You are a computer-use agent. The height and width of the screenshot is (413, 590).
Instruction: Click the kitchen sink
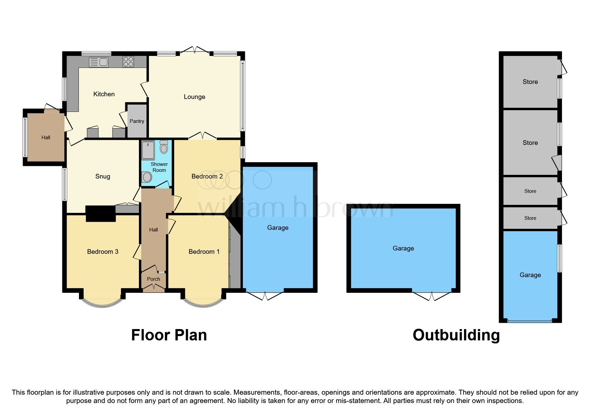[99, 62]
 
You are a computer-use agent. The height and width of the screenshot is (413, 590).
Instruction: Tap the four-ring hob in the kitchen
[128, 62]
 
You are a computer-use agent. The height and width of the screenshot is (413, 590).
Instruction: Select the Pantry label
[137, 121]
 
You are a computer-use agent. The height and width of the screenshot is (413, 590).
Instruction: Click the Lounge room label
[195, 97]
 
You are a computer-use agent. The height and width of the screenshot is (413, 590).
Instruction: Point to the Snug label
[103, 177]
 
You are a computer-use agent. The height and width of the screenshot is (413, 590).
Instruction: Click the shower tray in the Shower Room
[148, 150]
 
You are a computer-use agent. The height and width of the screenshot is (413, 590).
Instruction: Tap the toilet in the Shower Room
[164, 147]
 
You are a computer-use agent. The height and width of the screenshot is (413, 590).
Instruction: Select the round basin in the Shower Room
[147, 177]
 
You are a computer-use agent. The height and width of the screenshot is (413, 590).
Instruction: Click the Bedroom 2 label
[207, 176]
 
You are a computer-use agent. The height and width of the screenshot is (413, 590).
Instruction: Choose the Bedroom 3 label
[103, 252]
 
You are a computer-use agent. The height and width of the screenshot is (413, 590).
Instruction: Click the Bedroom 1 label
[204, 252]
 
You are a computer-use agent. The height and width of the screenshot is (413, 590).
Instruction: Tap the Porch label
[154, 279]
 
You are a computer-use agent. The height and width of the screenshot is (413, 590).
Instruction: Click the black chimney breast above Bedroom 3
[101, 213]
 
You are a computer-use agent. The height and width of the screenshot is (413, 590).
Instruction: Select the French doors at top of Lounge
[195, 50]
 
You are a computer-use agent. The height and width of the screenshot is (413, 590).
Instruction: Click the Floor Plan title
[169, 335]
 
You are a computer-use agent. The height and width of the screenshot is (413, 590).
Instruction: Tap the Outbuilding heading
[456, 335]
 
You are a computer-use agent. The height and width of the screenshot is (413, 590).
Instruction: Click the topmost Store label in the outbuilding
[530, 82]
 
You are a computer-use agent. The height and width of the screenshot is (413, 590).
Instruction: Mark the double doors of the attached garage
[265, 296]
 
